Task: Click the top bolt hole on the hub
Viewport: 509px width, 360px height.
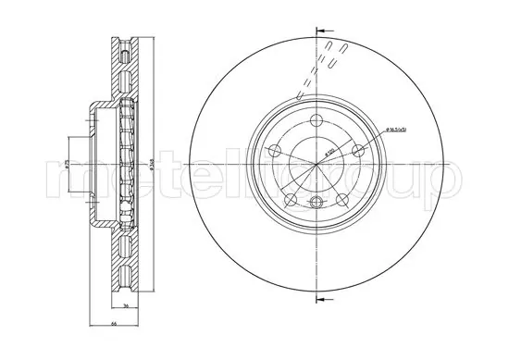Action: pos(317,120)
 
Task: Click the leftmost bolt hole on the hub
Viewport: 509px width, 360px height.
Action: pos(274,151)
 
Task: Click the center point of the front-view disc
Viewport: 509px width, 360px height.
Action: pos(317,165)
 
